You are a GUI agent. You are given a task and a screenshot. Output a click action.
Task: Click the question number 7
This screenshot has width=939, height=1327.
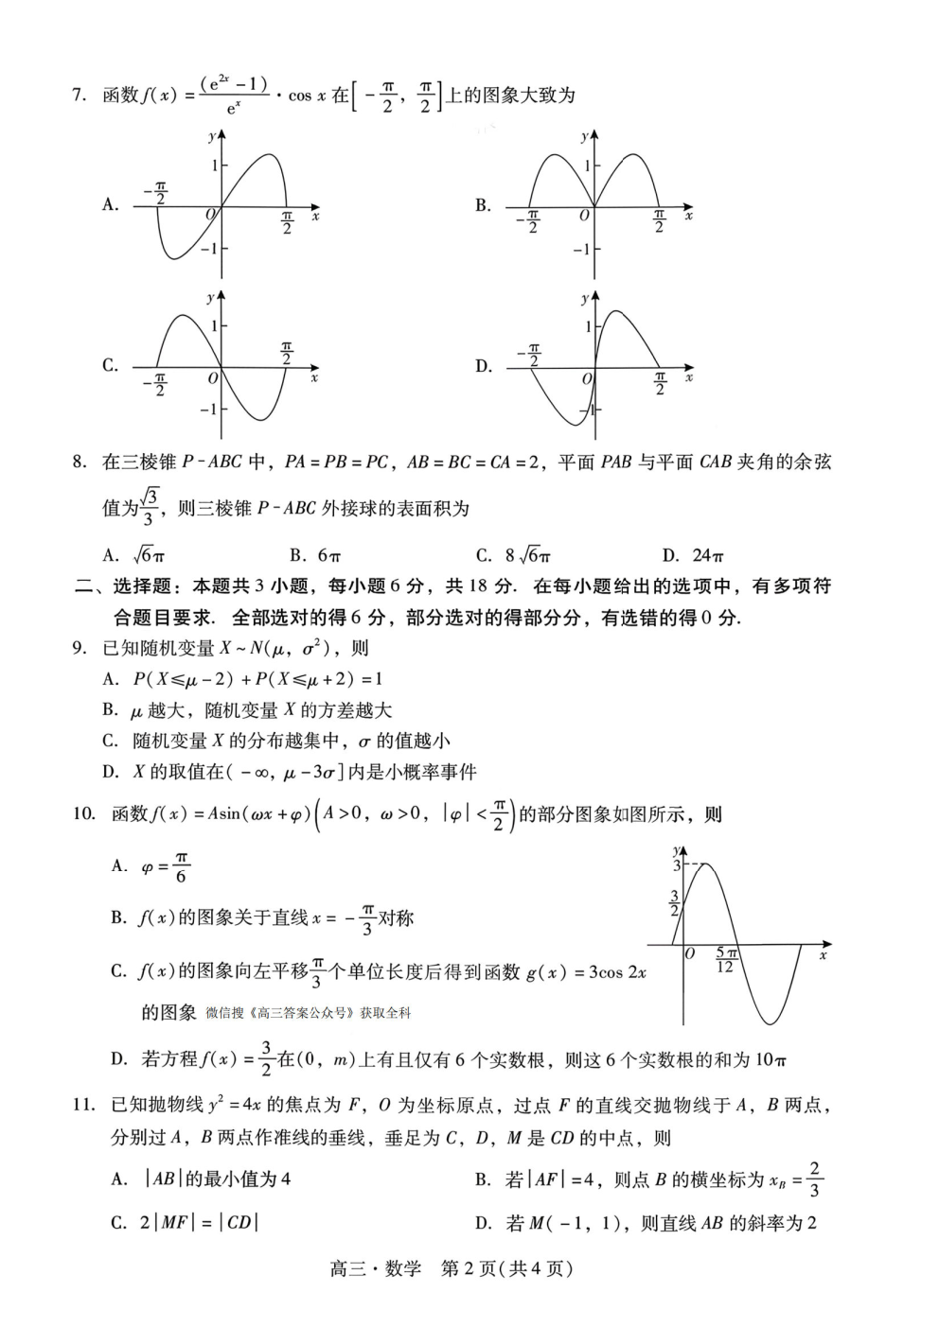[x=79, y=96]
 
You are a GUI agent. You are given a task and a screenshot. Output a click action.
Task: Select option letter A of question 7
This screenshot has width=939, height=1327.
[x=110, y=204]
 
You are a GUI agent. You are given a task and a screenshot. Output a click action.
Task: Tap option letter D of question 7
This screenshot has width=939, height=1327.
[x=483, y=366]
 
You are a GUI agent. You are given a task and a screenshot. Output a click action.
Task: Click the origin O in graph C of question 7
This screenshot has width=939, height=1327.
[x=213, y=378]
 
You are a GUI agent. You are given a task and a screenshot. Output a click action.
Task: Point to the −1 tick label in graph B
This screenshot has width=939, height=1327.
[x=581, y=250]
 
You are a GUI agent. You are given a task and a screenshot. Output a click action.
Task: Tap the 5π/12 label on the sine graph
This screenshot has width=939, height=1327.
[x=725, y=960]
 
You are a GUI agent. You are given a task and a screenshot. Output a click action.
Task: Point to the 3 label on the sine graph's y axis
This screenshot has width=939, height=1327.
[x=676, y=865]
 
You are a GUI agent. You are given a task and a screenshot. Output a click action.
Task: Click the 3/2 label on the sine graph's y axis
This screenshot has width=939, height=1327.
[x=674, y=903]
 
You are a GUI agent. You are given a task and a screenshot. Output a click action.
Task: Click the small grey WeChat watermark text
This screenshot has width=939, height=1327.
[x=309, y=1013]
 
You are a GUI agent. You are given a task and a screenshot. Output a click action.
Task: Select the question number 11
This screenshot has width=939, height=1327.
[x=82, y=1105]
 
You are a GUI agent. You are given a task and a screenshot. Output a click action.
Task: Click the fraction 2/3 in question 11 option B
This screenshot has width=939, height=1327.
[x=815, y=1179]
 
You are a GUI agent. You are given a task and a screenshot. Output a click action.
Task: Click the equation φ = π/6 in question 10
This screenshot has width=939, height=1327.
[x=165, y=866]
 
